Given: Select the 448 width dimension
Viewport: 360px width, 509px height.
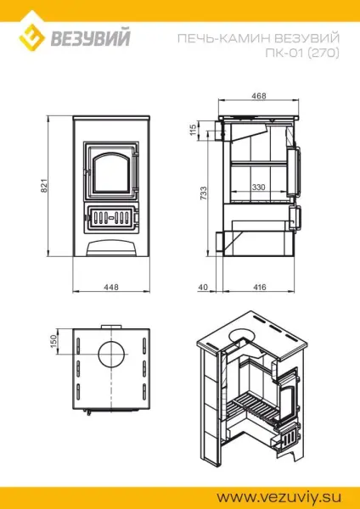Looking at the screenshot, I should tap(110, 288).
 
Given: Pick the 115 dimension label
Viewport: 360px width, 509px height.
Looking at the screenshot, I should tap(194, 130).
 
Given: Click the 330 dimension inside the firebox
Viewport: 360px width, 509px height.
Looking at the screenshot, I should tap(258, 187).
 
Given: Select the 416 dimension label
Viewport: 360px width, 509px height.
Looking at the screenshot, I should tap(260, 288).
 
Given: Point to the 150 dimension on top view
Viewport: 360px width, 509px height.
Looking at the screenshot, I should tap(53, 340).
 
